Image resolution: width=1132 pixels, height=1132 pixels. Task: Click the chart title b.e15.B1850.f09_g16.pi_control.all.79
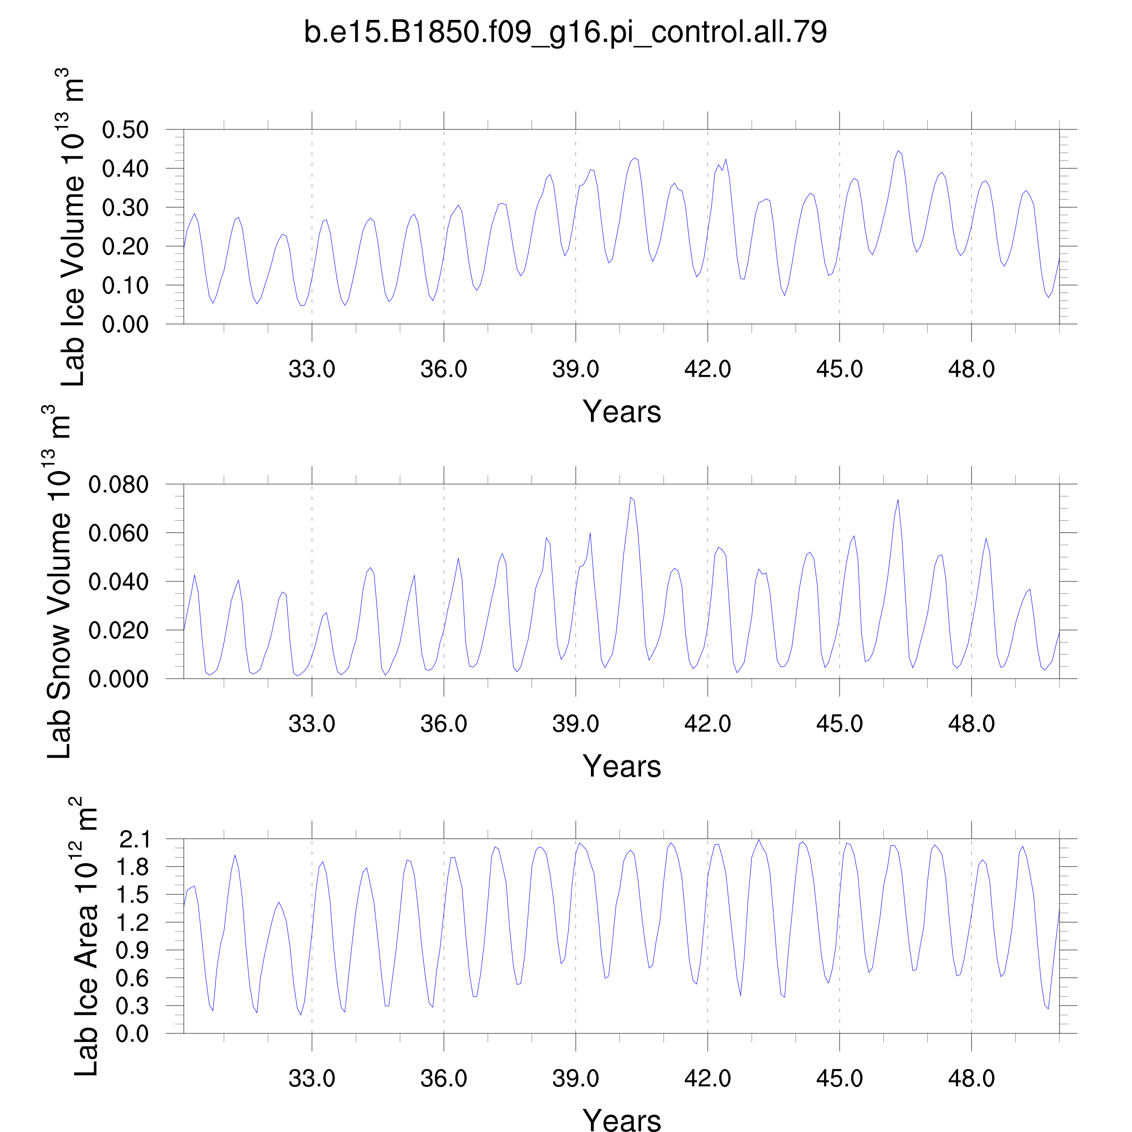point(566,32)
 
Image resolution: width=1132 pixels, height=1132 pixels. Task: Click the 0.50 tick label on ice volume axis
point(125,130)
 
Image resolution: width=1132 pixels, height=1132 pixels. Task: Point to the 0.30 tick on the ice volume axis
point(125,207)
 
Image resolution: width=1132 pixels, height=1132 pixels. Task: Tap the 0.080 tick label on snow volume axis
point(118,484)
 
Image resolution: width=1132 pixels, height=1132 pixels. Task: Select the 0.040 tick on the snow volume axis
point(118,582)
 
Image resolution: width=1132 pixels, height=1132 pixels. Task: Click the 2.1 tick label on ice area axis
point(134,839)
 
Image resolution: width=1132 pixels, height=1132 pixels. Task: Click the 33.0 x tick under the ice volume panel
point(312,369)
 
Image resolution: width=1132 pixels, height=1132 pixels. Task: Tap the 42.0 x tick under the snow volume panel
point(707,724)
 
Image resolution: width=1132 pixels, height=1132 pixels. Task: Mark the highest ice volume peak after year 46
point(897,151)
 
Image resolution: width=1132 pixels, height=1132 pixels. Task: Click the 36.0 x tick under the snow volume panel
point(444,724)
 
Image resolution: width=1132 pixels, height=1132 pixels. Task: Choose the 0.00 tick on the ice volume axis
point(125,324)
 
